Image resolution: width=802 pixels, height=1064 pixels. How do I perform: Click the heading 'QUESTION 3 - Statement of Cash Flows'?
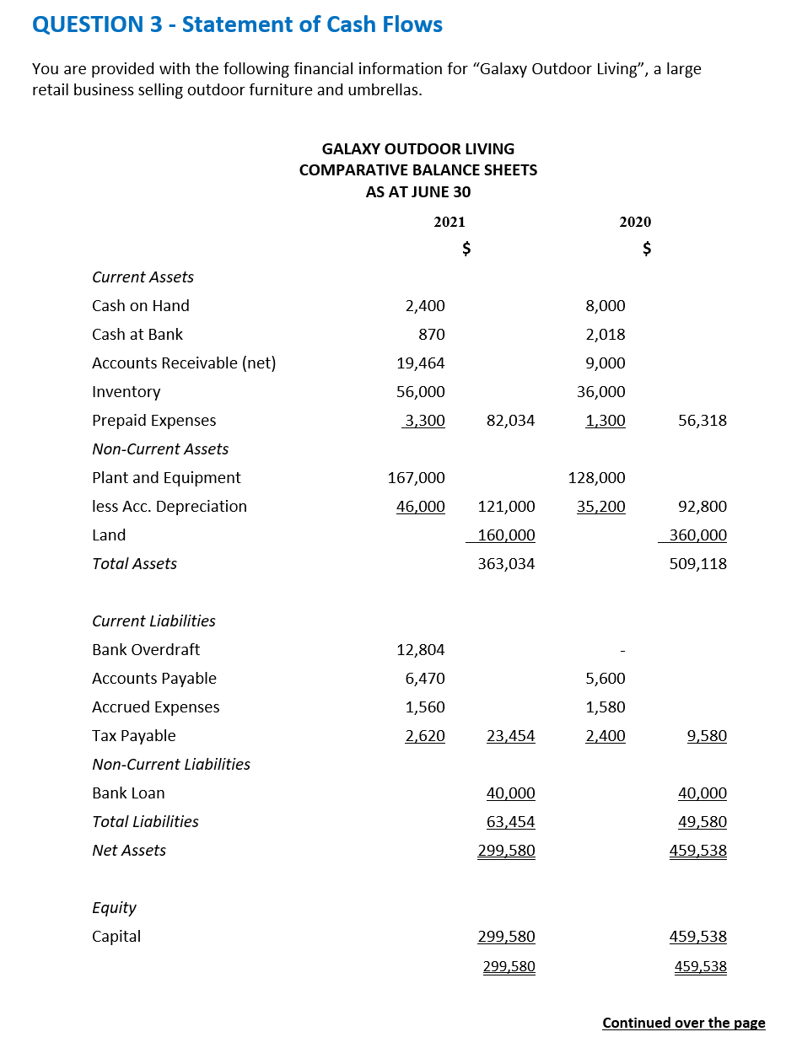[x=237, y=24]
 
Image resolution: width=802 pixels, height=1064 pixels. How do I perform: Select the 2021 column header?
[x=449, y=222]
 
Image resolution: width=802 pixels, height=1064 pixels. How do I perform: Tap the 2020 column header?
[x=635, y=222]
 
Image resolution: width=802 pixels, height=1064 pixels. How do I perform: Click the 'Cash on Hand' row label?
[x=141, y=306]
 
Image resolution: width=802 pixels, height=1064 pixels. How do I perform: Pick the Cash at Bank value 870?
[x=431, y=335]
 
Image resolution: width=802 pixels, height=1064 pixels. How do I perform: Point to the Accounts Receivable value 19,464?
[x=421, y=363]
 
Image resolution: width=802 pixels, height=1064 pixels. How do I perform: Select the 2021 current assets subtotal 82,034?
[x=511, y=421]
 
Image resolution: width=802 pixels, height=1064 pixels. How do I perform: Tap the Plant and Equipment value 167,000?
[x=417, y=478]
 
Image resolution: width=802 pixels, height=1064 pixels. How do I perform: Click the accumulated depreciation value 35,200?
[x=601, y=507]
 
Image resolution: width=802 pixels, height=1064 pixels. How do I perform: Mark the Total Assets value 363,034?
[x=506, y=564]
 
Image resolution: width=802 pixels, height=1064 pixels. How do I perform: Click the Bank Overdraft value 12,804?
[x=421, y=650]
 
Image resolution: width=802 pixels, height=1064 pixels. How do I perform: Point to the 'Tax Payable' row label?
[x=134, y=736]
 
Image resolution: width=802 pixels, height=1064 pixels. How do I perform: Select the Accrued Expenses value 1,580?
[x=606, y=707]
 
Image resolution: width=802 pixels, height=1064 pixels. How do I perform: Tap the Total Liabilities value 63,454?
[x=511, y=822]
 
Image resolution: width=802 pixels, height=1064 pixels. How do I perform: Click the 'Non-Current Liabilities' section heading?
[x=171, y=765]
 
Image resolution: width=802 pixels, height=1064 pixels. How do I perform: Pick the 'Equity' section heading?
[x=114, y=908]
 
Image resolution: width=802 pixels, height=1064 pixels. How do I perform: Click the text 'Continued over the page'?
[x=684, y=1023]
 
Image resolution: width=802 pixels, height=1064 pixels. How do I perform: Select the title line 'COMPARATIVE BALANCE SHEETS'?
[x=418, y=170]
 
